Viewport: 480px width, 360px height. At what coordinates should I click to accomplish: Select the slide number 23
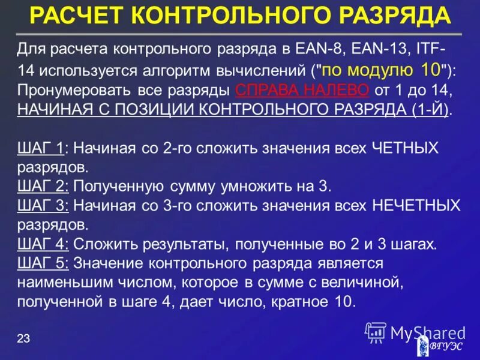[x=23, y=340]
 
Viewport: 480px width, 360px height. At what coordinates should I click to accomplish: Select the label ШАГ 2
[x=43, y=186]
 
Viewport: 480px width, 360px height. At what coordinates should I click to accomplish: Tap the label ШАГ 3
[x=43, y=206]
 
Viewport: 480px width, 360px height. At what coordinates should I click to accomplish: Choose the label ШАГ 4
[x=43, y=244]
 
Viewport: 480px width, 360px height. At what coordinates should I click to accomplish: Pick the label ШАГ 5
[x=43, y=263]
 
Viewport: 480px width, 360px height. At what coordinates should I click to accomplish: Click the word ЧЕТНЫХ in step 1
[x=406, y=148]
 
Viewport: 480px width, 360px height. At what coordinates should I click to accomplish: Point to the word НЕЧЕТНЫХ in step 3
[x=416, y=206]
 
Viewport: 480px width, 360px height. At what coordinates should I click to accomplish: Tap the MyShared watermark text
[x=427, y=333]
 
